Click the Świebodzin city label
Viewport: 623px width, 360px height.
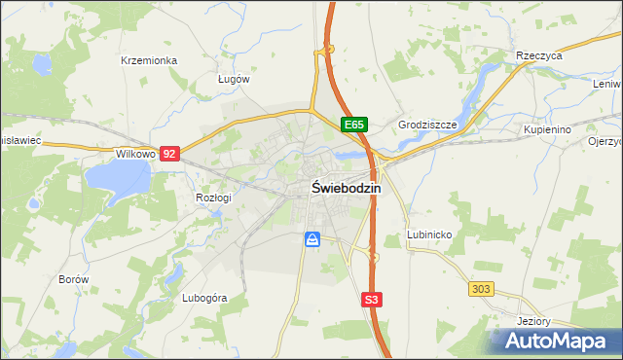coord(346,189)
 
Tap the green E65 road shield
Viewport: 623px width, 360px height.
coord(353,126)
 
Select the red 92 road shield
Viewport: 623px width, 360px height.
coord(170,154)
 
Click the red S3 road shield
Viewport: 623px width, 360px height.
coord(371,300)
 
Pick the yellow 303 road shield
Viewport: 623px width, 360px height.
coord(481,289)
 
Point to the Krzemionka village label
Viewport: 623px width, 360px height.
coord(148,60)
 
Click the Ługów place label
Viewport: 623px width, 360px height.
coord(234,80)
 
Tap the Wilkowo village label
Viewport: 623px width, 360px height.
coord(135,154)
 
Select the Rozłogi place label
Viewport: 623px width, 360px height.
coord(213,198)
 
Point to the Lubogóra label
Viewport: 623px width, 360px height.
coord(204,298)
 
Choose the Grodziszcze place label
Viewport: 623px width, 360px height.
coord(427,126)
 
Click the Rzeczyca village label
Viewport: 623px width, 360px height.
coord(540,56)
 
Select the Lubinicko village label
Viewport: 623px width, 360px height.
coord(428,235)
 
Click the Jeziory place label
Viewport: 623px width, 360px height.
coord(535,321)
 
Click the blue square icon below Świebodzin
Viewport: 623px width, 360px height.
coord(312,239)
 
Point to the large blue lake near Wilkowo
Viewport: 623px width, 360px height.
coord(117,177)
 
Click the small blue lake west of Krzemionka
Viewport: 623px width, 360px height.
coord(42,66)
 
